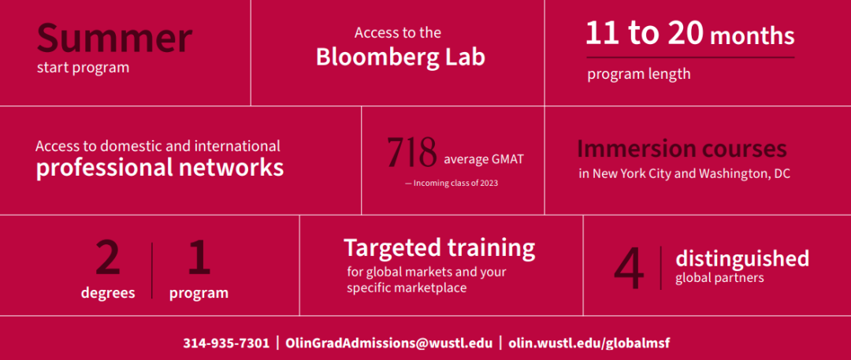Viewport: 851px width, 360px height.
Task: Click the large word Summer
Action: pyautogui.click(x=114, y=38)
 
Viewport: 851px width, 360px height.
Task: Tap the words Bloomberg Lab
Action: pyautogui.click(x=400, y=57)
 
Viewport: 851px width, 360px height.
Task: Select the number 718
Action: pyautogui.click(x=412, y=153)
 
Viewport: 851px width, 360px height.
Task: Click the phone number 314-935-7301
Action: pyautogui.click(x=226, y=343)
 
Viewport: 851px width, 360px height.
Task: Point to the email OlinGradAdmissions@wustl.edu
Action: pyautogui.click(x=388, y=343)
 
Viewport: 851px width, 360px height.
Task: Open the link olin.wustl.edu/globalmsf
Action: pyautogui.click(x=589, y=343)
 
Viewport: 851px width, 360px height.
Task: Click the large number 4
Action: pyautogui.click(x=630, y=269)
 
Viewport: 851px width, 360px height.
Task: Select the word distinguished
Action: pyautogui.click(x=742, y=259)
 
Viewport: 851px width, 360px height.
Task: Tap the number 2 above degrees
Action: pyautogui.click(x=108, y=258)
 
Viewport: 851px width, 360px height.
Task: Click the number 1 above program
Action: pyautogui.click(x=199, y=258)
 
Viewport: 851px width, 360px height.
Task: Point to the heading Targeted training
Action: pyautogui.click(x=440, y=249)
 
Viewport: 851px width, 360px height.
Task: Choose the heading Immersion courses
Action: pyautogui.click(x=682, y=149)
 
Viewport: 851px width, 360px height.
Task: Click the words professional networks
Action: pyautogui.click(x=160, y=168)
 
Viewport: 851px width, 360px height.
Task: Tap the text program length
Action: pyautogui.click(x=639, y=74)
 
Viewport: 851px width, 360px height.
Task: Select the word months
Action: pyautogui.click(x=753, y=36)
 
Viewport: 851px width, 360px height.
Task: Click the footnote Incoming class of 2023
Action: pyautogui.click(x=452, y=184)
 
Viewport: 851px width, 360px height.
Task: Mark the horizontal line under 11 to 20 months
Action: pyautogui.click(x=690, y=57)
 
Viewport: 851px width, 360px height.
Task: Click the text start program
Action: pyautogui.click(x=83, y=69)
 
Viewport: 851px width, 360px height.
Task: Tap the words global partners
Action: pyautogui.click(x=719, y=278)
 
